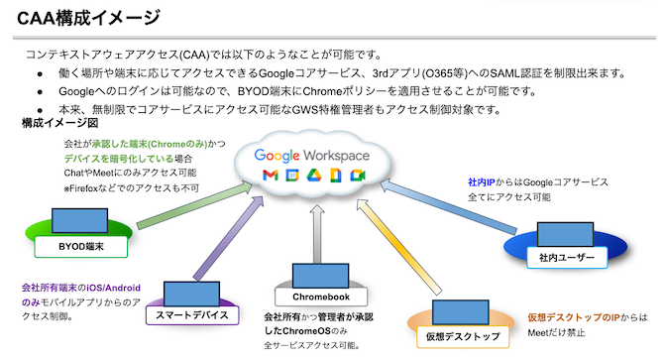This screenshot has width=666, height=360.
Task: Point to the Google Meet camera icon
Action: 358,177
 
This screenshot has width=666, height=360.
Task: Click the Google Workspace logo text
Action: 312,156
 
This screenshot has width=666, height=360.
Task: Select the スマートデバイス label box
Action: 192,315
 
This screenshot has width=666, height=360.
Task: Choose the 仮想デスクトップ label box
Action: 463,336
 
